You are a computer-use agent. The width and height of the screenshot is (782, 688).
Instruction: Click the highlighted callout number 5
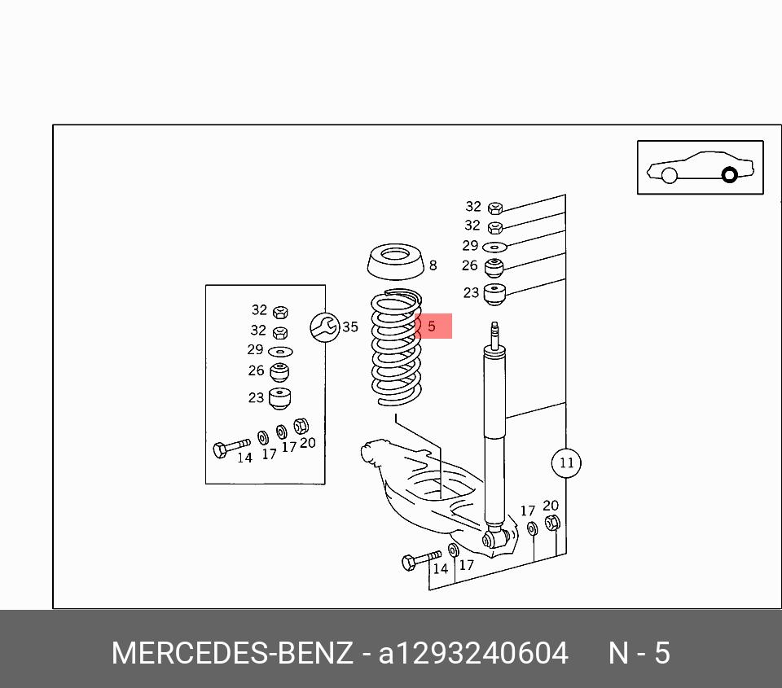[432, 326]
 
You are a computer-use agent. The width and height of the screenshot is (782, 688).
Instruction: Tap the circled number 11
[567, 462]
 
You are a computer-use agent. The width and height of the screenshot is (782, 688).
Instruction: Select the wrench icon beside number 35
[324, 327]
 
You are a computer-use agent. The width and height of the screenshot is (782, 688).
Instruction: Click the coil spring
[397, 348]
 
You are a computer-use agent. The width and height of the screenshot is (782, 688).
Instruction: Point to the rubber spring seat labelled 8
[395, 261]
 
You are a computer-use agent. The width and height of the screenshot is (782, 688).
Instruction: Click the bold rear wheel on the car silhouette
[730, 175]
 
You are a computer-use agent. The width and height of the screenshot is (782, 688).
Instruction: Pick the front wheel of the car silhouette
[669, 176]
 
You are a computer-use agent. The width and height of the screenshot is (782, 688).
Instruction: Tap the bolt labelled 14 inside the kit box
[231, 448]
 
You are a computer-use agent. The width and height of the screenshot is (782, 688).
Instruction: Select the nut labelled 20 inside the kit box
[301, 427]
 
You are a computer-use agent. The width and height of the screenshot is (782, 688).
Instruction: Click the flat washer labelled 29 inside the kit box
[280, 352]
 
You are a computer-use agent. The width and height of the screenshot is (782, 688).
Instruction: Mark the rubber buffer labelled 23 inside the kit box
[279, 398]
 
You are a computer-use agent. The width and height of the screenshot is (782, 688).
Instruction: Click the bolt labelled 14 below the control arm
[421, 560]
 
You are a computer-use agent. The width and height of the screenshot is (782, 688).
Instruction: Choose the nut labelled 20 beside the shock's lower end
[552, 523]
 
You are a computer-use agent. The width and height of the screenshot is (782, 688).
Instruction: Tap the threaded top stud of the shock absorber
[494, 335]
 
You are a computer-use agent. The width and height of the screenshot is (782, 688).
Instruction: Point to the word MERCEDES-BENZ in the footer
[232, 653]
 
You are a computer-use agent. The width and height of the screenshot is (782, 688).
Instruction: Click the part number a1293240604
[473, 653]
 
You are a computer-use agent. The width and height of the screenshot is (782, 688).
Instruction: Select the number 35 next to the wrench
[350, 327]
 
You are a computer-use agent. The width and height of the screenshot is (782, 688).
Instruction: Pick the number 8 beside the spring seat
[433, 265]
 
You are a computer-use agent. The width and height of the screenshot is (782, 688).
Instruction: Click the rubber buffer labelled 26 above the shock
[494, 268]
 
